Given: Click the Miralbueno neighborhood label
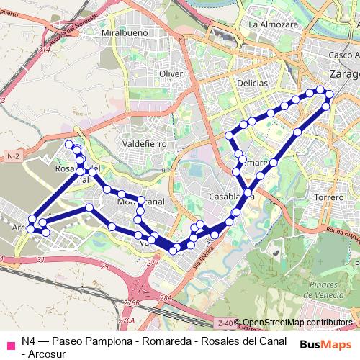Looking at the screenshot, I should click(x=119, y=33).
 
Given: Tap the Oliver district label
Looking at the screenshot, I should click(x=171, y=73).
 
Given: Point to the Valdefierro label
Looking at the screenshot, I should click(x=145, y=144).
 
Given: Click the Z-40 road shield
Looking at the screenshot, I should click(x=225, y=323).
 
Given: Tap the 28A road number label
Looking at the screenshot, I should click(x=166, y=298).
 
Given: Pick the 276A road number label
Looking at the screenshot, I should click(x=127, y=320).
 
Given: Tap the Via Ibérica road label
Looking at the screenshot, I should click(x=204, y=256).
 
